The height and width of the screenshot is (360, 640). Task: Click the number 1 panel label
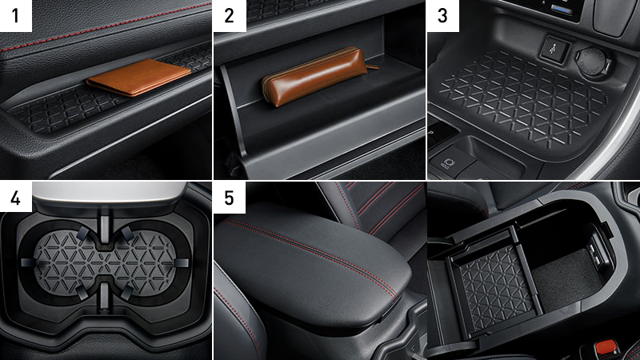[15, 15]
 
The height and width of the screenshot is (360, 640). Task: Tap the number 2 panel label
[230, 15]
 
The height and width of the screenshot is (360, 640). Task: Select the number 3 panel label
[442, 15]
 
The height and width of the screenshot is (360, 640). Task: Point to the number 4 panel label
[15, 198]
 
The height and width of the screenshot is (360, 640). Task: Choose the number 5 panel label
[230, 198]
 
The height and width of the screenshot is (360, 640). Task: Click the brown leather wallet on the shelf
[138, 77]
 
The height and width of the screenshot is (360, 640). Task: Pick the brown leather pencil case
[314, 76]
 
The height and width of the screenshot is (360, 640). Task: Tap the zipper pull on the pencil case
[372, 66]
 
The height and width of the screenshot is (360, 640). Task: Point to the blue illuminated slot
[562, 9]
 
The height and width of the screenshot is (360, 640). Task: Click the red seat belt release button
[606, 349]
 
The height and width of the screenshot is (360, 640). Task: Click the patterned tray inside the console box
[494, 285]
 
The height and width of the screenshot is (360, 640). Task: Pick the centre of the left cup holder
[66, 262]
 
